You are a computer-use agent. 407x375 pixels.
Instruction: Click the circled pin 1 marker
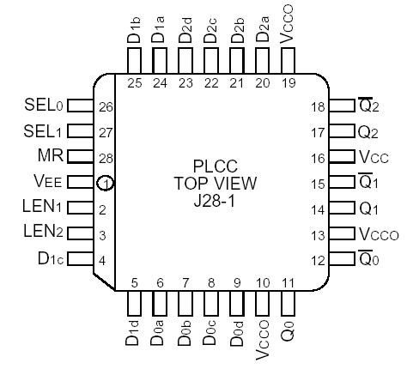coord(104,183)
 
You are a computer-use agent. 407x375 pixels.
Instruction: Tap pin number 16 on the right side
coord(319,158)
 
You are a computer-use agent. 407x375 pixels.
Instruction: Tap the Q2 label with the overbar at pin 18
coord(370,106)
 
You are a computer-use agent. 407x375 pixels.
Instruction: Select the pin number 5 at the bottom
coord(135,281)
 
